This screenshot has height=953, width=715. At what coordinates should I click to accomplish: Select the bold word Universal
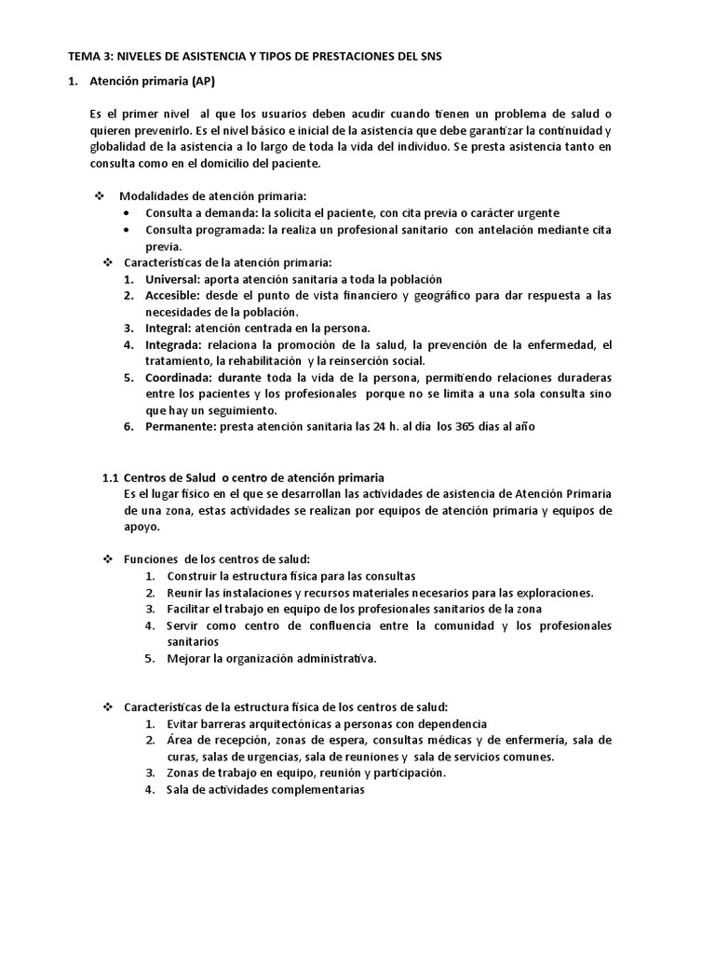pyautogui.click(x=173, y=279)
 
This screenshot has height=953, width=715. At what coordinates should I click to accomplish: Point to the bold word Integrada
pyautogui.click(x=174, y=344)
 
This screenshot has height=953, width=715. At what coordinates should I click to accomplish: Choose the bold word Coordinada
pyautogui.click(x=180, y=377)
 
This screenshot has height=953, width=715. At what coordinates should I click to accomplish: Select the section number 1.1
pyautogui.click(x=110, y=477)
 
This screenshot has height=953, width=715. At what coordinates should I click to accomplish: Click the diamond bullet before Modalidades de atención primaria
pyautogui.click(x=100, y=196)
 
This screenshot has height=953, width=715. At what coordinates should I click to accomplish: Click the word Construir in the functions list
pyautogui.click(x=192, y=576)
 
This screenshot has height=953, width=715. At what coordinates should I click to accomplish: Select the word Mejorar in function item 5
pyautogui.click(x=189, y=658)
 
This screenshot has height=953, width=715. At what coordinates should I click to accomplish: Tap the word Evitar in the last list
pyautogui.click(x=183, y=724)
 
